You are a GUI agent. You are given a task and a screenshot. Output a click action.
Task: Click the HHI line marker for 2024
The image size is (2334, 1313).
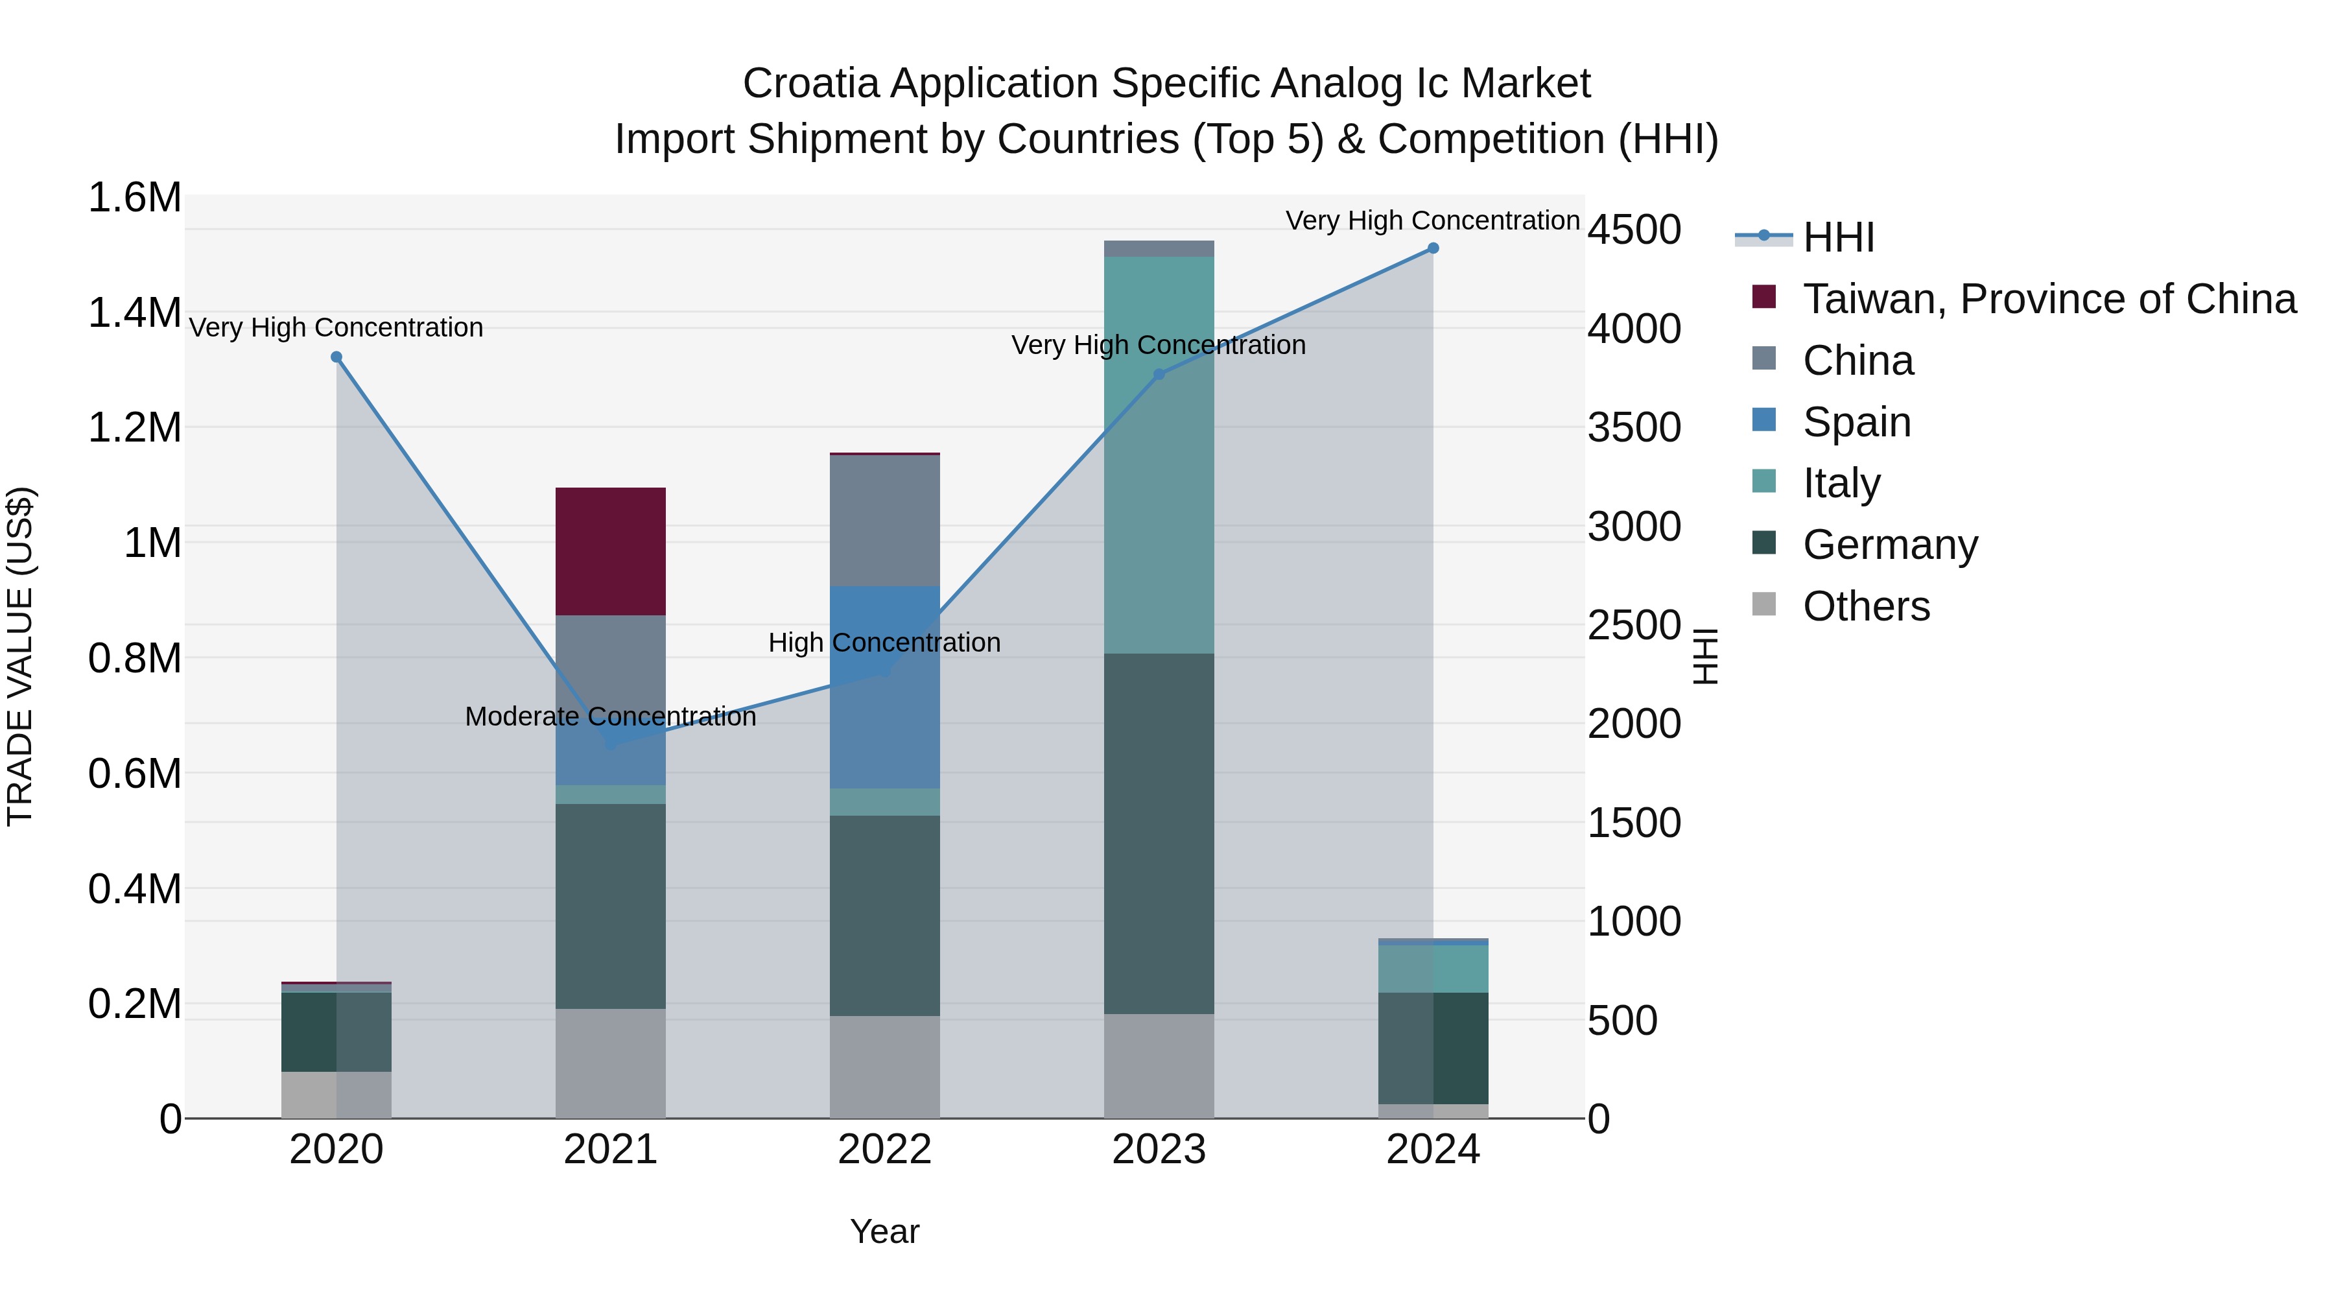click(x=1432, y=248)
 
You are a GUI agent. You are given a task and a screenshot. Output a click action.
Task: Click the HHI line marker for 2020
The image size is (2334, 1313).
click(x=336, y=357)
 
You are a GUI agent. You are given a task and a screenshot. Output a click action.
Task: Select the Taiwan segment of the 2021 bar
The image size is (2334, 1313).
click(x=610, y=551)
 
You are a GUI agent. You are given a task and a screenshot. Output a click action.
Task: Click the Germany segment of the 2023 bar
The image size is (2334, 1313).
click(x=1158, y=834)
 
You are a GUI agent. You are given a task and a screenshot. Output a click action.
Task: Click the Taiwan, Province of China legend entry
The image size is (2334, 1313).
click(x=2047, y=299)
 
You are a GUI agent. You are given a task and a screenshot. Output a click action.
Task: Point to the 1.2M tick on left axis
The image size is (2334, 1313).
click(x=134, y=428)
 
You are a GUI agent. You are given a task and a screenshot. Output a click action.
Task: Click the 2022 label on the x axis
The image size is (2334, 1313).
click(x=884, y=1150)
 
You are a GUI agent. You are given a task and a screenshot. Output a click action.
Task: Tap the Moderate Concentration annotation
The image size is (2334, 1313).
click(x=610, y=716)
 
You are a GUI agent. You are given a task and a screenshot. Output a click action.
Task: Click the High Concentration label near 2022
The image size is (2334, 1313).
click(x=884, y=643)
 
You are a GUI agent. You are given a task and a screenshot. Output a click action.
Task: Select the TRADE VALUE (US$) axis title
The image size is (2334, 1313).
click(x=20, y=656)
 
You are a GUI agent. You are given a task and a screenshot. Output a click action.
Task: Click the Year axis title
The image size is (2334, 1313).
click(x=884, y=1231)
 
